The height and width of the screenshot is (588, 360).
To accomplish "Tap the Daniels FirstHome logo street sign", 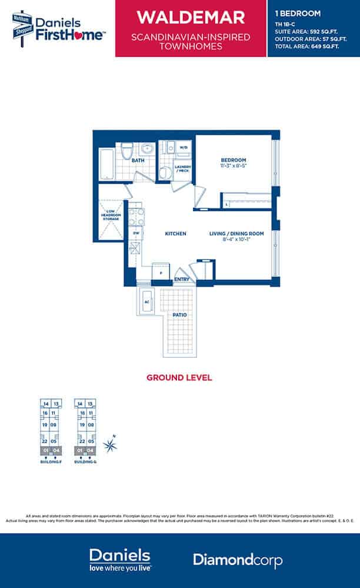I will [x=22, y=27].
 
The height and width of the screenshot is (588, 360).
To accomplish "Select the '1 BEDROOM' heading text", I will [x=297, y=13].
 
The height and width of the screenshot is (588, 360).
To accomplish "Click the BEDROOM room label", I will [x=233, y=160].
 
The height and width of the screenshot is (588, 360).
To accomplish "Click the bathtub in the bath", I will [x=106, y=164].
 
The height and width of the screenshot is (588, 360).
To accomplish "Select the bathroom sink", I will [x=148, y=148].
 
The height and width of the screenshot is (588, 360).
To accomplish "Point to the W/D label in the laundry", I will [x=183, y=147].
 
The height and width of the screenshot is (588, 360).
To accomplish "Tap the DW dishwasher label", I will [x=135, y=233].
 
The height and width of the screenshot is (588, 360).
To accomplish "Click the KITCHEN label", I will [x=175, y=234].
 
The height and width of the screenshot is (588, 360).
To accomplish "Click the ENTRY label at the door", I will [x=182, y=279].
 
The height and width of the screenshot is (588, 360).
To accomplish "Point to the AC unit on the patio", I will [x=146, y=302].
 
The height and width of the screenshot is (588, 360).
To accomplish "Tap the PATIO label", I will [x=180, y=315].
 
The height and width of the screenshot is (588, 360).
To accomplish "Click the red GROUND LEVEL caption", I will [x=179, y=377].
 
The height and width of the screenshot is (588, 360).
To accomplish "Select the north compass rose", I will [x=109, y=446].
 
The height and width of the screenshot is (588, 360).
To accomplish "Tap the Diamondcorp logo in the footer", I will [x=238, y=560].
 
